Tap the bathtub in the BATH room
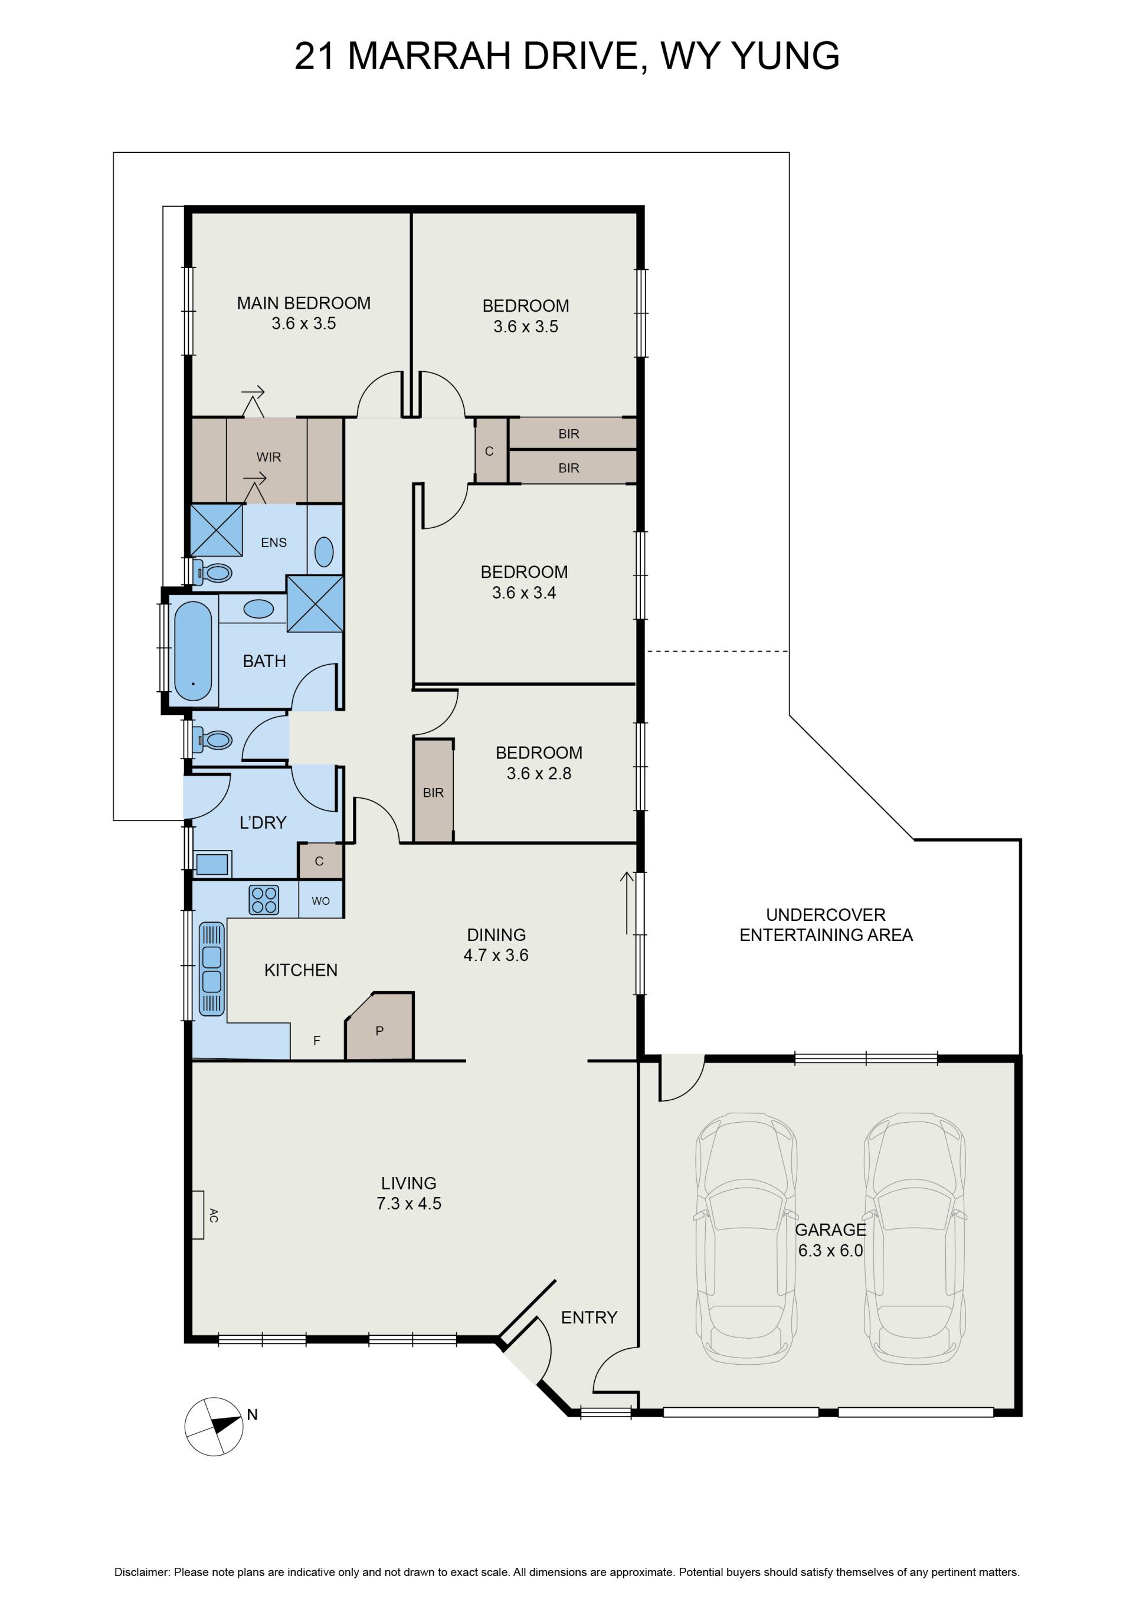192,651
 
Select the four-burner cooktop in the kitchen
264,900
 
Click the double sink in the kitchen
211,969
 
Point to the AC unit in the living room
198,1215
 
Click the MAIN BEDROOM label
303,303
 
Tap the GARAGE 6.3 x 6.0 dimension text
830,1251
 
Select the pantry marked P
380,1026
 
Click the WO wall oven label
320,901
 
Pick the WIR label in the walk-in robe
268,457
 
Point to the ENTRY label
590,1317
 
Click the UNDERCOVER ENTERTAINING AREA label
826,924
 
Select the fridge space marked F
317,1040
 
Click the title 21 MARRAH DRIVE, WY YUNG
566,56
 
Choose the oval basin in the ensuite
325,552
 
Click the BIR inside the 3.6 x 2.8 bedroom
433,793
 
